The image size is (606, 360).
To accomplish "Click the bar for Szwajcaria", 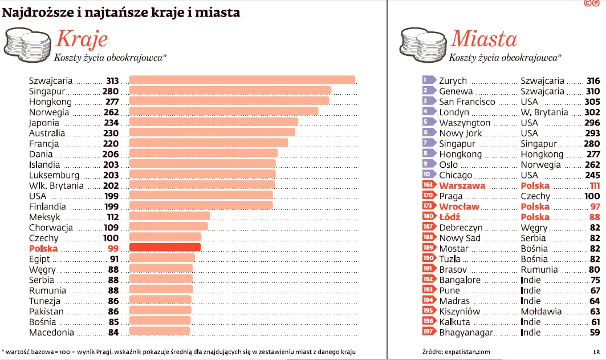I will coord(242,80).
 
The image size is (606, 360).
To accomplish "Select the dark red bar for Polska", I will coord(165,248).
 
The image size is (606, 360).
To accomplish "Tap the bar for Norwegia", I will coord(223,111).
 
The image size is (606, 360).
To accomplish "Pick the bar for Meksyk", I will coord(169,216).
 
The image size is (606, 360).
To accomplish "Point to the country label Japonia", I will coord(44,123).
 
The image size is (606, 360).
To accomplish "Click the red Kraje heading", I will coord(82,39).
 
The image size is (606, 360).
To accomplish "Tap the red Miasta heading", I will coord(483,39).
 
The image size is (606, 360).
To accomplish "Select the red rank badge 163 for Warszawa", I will coord(428,185).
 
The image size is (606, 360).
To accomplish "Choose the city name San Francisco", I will coord(467,102).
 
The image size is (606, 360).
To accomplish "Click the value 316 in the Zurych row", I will coord(593,81).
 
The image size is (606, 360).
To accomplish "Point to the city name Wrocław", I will coord(459,207).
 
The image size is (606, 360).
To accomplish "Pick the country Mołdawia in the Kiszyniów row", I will coord(540,312).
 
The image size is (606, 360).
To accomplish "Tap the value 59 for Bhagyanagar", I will coord(595,332).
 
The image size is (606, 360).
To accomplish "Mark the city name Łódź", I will coord(450,217).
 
